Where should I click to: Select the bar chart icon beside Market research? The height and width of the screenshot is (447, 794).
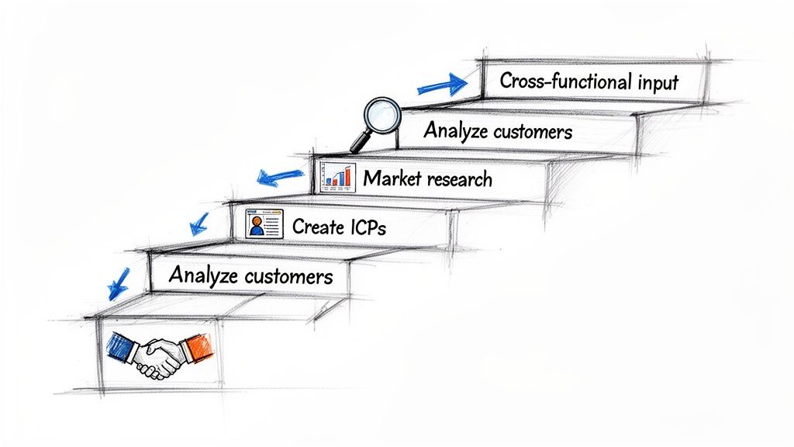click(337, 178)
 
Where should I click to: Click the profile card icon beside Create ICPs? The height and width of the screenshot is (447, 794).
click(264, 224)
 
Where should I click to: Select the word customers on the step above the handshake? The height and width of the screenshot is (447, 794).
click(288, 276)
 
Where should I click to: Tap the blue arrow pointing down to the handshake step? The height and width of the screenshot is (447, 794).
click(119, 283)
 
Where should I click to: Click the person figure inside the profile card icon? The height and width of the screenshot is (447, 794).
click(256, 226)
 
